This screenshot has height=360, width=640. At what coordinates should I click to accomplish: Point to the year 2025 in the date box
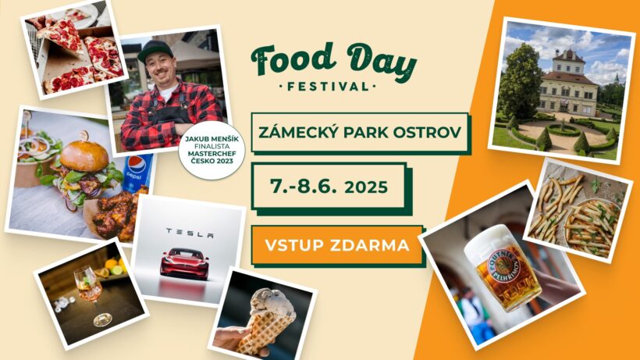pyautogui.click(x=366, y=187)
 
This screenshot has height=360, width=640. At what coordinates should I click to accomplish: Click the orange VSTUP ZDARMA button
pyautogui.click(x=337, y=245)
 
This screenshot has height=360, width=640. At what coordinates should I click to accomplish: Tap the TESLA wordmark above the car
pyautogui.click(x=190, y=233)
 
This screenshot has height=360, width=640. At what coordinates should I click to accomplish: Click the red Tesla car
pyautogui.click(x=184, y=263)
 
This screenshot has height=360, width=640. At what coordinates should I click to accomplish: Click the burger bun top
pyautogui.click(x=84, y=155)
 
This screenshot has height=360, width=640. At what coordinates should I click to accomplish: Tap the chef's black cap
pyautogui.click(x=155, y=51)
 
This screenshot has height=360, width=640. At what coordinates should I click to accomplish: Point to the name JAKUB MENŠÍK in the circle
pyautogui.click(x=212, y=139)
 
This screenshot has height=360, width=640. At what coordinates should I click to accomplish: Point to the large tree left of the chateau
pyautogui.click(x=520, y=81)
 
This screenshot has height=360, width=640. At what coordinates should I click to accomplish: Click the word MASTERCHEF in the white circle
pyautogui.click(x=212, y=154)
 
